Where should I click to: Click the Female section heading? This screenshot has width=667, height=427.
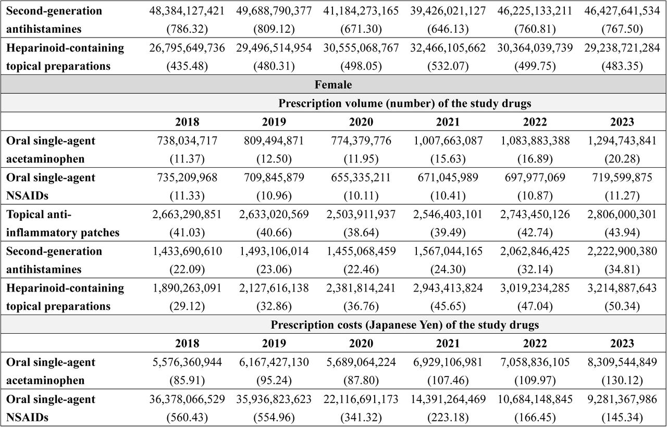(x=333, y=85)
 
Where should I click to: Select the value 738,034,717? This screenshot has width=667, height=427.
(x=187, y=141)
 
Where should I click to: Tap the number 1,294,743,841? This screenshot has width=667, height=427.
(x=622, y=141)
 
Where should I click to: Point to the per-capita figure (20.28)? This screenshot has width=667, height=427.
(x=622, y=159)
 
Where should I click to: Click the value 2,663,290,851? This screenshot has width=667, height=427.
(x=187, y=214)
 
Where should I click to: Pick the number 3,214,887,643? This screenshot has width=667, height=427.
(x=622, y=288)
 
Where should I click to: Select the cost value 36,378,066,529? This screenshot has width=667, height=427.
(x=187, y=399)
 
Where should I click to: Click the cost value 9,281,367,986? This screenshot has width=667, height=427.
(x=622, y=399)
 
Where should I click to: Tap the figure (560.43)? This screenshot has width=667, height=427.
(x=187, y=418)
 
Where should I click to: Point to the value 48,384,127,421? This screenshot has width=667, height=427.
(x=187, y=11)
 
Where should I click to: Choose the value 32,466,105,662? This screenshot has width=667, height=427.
(x=448, y=48)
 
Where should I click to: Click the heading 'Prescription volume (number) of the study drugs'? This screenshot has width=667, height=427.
(x=405, y=104)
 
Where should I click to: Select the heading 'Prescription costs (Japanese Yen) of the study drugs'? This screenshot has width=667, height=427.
(x=405, y=325)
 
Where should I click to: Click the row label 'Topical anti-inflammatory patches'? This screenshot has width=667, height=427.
(x=63, y=223)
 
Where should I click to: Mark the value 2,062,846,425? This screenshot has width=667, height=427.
(x=535, y=251)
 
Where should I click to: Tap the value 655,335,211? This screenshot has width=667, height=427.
(x=361, y=178)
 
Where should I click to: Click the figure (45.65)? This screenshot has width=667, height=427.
(x=448, y=306)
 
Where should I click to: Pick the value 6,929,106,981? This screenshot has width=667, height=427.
(x=448, y=362)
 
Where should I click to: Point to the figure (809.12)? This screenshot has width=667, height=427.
(x=274, y=29)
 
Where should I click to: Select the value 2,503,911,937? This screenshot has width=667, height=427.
(x=361, y=214)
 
